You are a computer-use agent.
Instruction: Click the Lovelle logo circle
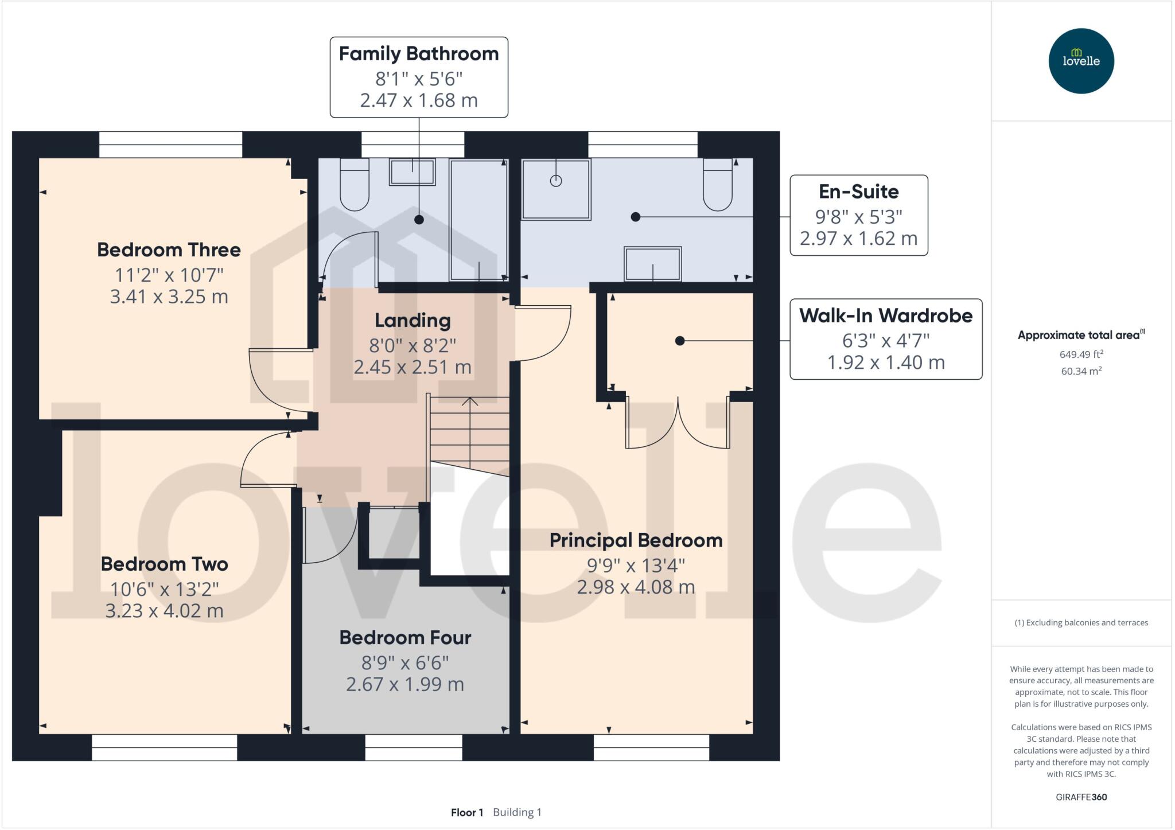[x=1081, y=61]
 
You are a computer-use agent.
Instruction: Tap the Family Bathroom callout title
[x=419, y=54]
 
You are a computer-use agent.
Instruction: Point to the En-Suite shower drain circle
[x=555, y=181]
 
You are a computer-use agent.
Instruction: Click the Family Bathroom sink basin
[x=412, y=172]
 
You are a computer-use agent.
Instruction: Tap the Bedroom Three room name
[x=169, y=250]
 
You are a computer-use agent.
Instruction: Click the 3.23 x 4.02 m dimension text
[x=164, y=611]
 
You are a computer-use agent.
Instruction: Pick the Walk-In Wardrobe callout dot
[x=680, y=341]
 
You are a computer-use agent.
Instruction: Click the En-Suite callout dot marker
[x=635, y=217]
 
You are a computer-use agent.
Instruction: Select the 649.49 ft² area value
[x=1081, y=354]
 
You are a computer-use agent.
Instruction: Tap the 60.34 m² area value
[x=1081, y=371]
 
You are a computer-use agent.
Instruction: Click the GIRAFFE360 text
[x=1081, y=797]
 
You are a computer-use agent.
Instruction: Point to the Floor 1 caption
[x=466, y=812]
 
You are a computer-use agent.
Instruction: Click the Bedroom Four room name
[x=405, y=638]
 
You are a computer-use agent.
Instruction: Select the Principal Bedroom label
[x=636, y=540]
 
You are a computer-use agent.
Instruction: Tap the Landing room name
[x=413, y=321]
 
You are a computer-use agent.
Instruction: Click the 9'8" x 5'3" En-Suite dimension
[x=858, y=217]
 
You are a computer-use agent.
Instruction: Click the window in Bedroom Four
[x=414, y=747]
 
